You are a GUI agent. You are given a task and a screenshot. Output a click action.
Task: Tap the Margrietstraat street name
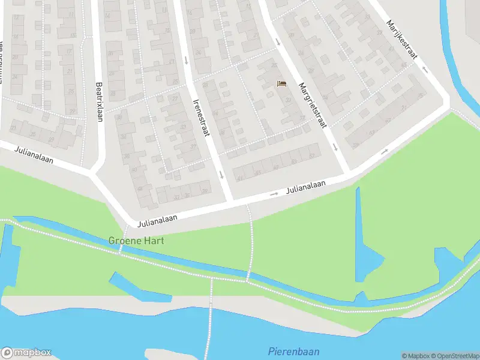(x=313, y=105)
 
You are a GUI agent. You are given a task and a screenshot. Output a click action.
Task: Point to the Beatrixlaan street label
(x=100, y=103)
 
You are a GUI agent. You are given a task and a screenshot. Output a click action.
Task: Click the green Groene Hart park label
(x=136, y=241)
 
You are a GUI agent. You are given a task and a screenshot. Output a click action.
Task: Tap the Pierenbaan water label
(x=293, y=352)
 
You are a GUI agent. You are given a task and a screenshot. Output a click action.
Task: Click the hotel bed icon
(x=281, y=83)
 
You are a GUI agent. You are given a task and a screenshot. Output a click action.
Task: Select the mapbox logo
(x=26, y=353)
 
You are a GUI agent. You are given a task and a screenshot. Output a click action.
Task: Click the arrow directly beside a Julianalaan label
(x=274, y=194)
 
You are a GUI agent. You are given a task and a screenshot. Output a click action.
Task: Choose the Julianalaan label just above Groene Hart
(x=157, y=221)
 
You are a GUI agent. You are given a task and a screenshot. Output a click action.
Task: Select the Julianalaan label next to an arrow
(x=306, y=188)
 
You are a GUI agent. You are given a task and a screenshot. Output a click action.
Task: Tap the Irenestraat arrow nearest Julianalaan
(x=221, y=175)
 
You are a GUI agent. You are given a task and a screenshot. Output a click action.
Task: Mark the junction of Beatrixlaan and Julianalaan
(x=94, y=173)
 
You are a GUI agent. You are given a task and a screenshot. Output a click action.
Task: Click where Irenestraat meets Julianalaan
(x=231, y=200)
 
